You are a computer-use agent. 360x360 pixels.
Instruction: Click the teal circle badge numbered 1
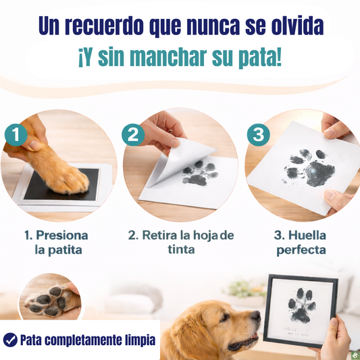tap(16, 135)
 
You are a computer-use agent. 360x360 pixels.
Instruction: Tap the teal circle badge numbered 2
tap(133, 135)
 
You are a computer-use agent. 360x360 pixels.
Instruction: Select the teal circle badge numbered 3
tap(258, 135)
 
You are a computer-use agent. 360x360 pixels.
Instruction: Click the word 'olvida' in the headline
tap(298, 26)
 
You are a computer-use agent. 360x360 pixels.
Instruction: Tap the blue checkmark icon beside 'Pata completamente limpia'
tap(10, 340)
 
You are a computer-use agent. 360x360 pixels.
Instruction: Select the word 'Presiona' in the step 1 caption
tap(62, 235)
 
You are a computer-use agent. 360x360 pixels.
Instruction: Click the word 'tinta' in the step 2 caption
tap(181, 249)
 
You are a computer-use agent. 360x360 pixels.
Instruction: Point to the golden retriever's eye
tap(225, 317)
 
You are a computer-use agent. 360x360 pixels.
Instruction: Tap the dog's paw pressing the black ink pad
tap(67, 177)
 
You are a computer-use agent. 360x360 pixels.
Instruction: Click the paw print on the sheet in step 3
tap(309, 168)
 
